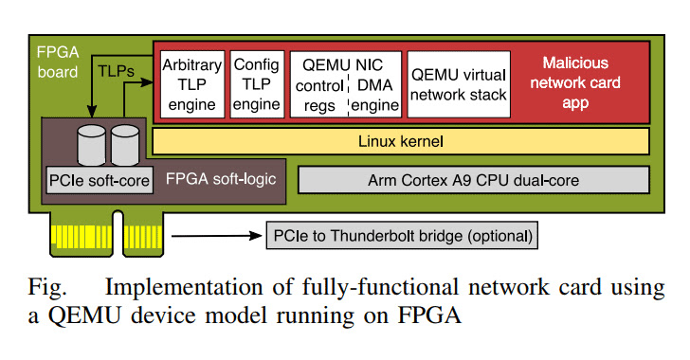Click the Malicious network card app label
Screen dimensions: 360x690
pos(581,81)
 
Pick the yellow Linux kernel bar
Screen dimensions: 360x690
pos(400,141)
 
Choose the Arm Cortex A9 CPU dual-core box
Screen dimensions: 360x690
pos(473,178)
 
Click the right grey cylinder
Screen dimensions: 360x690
pos(125,143)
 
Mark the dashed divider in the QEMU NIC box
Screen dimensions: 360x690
pos(350,95)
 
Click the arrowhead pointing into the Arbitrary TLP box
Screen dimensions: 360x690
pos(151,83)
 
